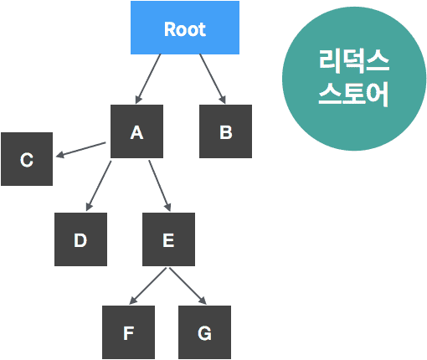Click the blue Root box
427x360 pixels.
185,28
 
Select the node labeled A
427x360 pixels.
137,131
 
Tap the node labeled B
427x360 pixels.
225,131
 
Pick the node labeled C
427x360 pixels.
27,159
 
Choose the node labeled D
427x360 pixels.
80,240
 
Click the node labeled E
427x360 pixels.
168,240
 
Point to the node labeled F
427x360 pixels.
128,332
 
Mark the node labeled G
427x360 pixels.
204,332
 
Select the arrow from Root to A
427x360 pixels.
149,79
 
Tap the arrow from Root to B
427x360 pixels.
212,79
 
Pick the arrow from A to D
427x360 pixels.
99,186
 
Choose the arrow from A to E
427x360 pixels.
160,186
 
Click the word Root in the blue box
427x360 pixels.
185,29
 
